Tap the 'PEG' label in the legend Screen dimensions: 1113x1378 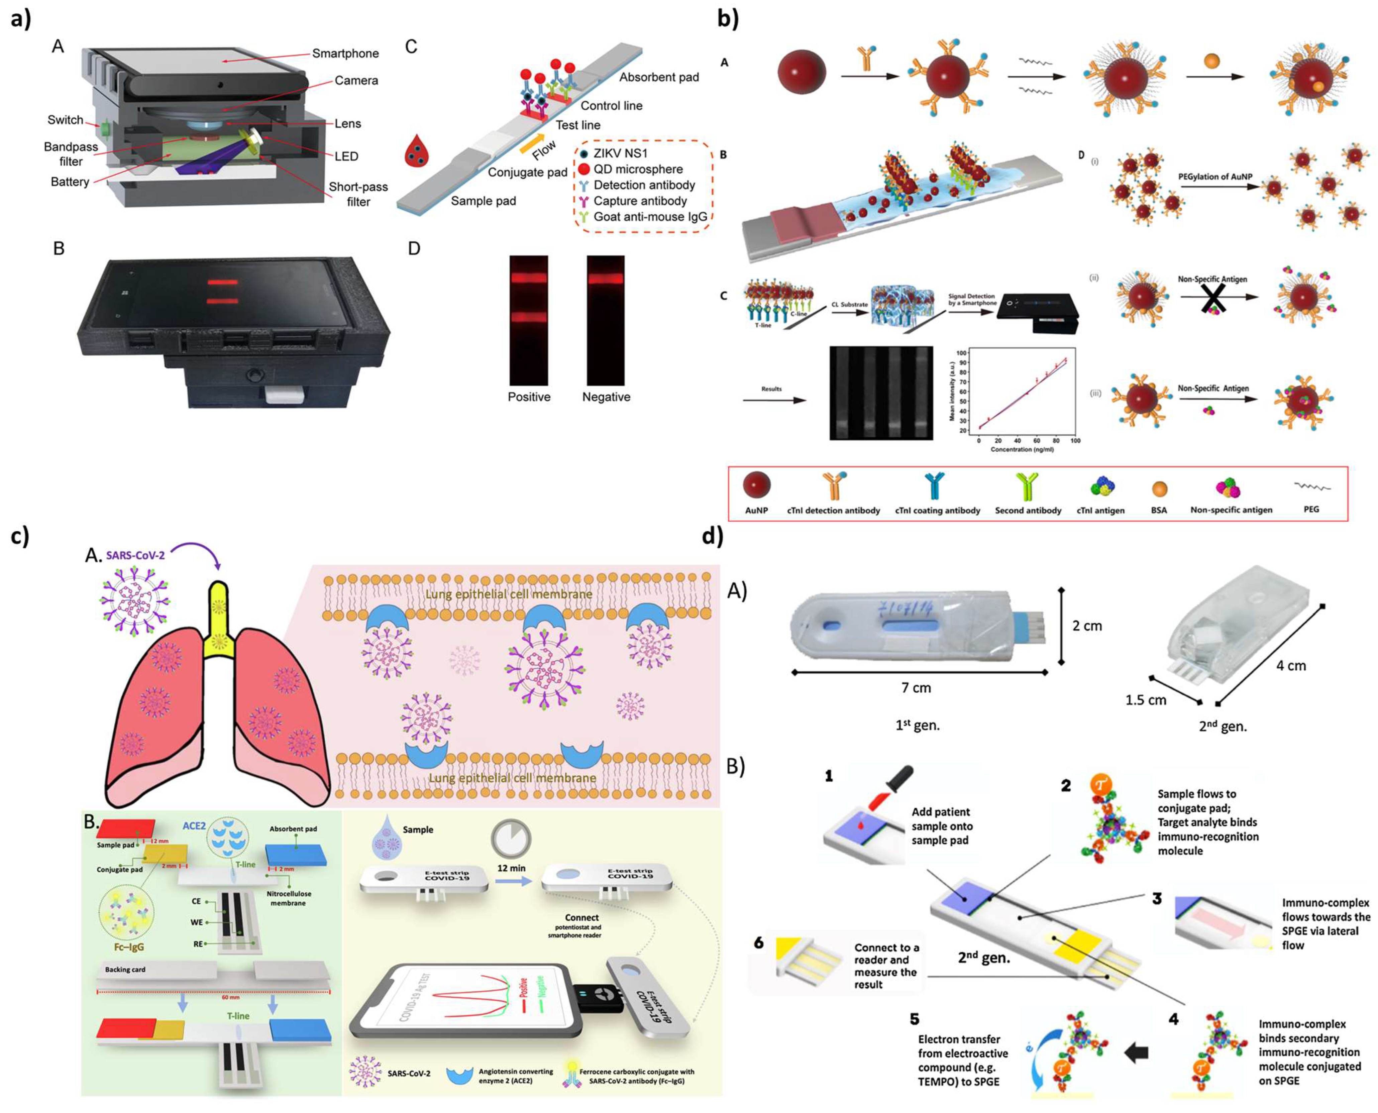click(1311, 509)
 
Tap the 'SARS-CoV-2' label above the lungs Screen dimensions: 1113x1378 click(135, 555)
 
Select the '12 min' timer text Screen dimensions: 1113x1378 click(511, 868)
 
